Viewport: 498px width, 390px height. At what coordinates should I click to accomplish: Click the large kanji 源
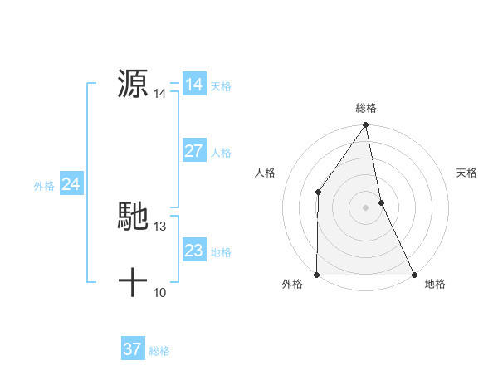coord(133,84)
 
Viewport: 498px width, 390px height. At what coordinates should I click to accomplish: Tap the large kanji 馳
coord(133,216)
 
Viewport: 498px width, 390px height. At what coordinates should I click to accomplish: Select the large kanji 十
coord(133,282)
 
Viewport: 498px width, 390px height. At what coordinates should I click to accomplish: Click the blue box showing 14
coord(193,85)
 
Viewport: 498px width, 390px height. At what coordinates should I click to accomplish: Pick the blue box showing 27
coord(193,151)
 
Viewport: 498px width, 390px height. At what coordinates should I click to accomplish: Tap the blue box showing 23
coord(193,251)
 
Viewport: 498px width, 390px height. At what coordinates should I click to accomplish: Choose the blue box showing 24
coord(71,184)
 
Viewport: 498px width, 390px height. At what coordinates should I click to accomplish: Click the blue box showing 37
coord(132,349)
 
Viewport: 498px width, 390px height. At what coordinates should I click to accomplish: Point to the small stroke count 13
coord(160,226)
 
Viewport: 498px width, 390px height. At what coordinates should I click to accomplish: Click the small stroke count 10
coord(160,292)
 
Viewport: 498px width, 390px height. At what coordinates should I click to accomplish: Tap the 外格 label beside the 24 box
coord(44,186)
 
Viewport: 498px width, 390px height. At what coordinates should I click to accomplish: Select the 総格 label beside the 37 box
coord(159,351)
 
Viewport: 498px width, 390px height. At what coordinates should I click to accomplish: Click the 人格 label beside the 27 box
coord(221,153)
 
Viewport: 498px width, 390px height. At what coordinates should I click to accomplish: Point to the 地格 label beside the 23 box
coord(221,252)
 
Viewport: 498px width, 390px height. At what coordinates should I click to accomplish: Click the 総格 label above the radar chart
coord(366,108)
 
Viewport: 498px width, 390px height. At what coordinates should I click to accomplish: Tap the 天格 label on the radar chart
coord(466,173)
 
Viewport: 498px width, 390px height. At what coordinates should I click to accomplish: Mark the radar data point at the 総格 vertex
coord(366,126)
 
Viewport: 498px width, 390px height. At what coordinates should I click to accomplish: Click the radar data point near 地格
coord(414,275)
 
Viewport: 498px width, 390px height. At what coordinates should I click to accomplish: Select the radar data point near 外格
coord(317,275)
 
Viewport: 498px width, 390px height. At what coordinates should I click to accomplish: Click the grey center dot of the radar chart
coord(366,207)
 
